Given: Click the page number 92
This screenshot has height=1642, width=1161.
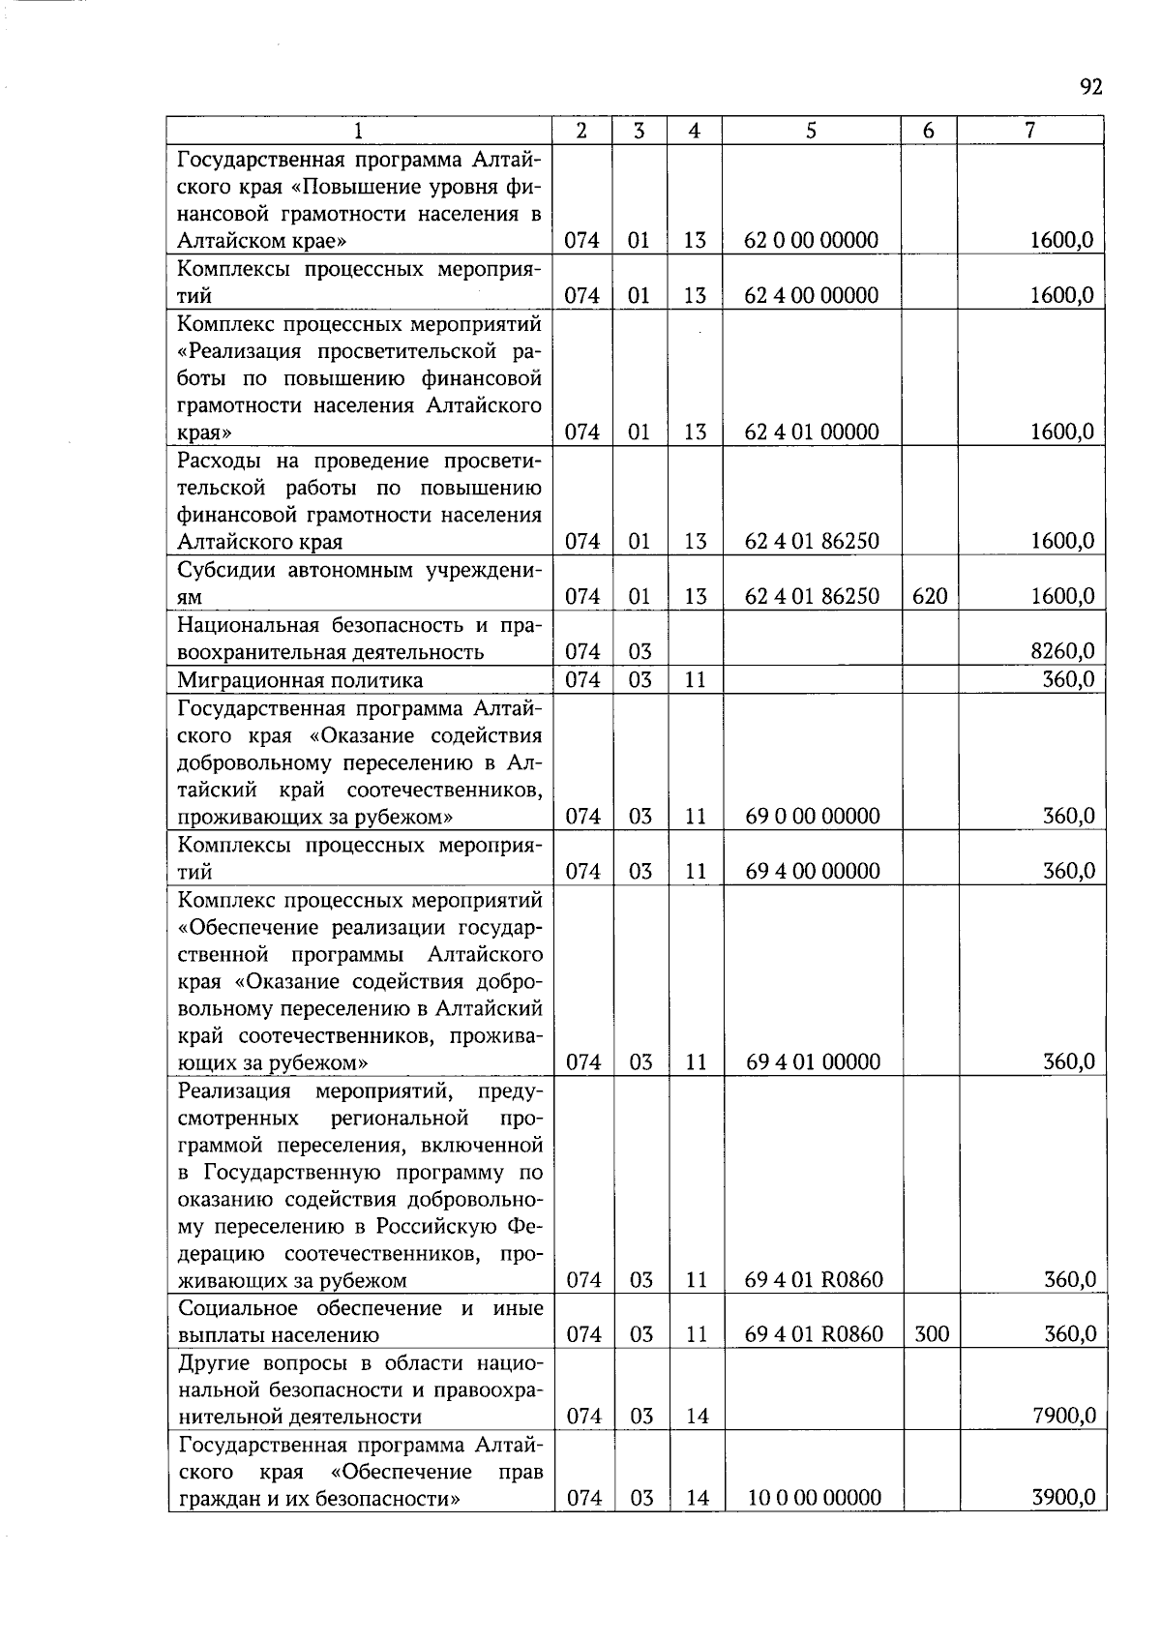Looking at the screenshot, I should [1090, 88].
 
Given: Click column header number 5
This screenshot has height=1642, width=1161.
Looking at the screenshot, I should [811, 131].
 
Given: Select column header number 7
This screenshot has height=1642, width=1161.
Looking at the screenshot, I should [1030, 131].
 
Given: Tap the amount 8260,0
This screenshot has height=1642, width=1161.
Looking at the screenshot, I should [1062, 651].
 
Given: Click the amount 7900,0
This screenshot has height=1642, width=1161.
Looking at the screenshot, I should [1063, 1417].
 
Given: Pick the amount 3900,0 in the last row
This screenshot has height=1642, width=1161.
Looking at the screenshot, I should [1063, 1498].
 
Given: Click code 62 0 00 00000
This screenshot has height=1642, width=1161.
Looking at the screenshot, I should [811, 240].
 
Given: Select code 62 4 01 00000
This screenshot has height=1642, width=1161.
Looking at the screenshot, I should [811, 432].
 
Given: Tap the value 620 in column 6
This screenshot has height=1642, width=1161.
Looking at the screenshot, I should [929, 596].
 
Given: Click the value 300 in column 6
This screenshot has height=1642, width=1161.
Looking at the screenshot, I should [931, 1334].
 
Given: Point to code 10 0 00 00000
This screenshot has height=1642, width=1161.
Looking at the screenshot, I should [815, 1498].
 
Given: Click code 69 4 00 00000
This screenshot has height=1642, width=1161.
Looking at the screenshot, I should [813, 871].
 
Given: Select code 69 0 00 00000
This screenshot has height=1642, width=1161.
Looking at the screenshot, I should [813, 816].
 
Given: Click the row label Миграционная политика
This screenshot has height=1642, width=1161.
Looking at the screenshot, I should [300, 680].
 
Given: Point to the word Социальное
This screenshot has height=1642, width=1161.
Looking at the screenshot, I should [240, 1308].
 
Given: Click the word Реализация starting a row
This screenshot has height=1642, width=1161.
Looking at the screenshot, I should [234, 1091].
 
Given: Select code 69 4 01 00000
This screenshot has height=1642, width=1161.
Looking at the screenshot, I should [813, 1061].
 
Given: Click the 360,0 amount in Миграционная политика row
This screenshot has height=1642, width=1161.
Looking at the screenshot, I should [1068, 679].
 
